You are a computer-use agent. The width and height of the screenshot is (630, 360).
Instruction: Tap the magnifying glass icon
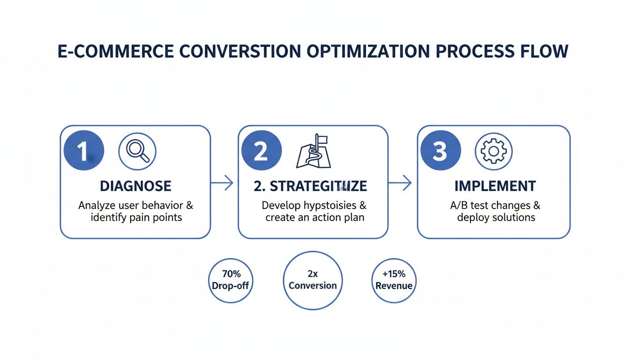(x=137, y=151)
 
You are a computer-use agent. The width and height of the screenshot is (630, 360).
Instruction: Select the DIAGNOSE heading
(x=135, y=186)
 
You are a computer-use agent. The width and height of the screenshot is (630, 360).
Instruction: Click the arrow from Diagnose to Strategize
(x=222, y=183)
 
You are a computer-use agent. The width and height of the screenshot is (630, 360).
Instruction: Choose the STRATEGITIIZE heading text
(x=310, y=186)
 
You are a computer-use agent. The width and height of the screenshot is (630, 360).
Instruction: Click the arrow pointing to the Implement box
(x=400, y=183)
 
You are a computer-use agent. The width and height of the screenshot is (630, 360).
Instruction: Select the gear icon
(x=494, y=151)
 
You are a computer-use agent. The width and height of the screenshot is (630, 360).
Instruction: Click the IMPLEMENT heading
(x=495, y=186)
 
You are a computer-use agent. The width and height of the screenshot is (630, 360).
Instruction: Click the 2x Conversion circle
(x=313, y=280)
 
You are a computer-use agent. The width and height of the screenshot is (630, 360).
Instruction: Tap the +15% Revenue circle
(x=394, y=280)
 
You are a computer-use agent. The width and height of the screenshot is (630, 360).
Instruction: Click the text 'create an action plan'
(x=315, y=217)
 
